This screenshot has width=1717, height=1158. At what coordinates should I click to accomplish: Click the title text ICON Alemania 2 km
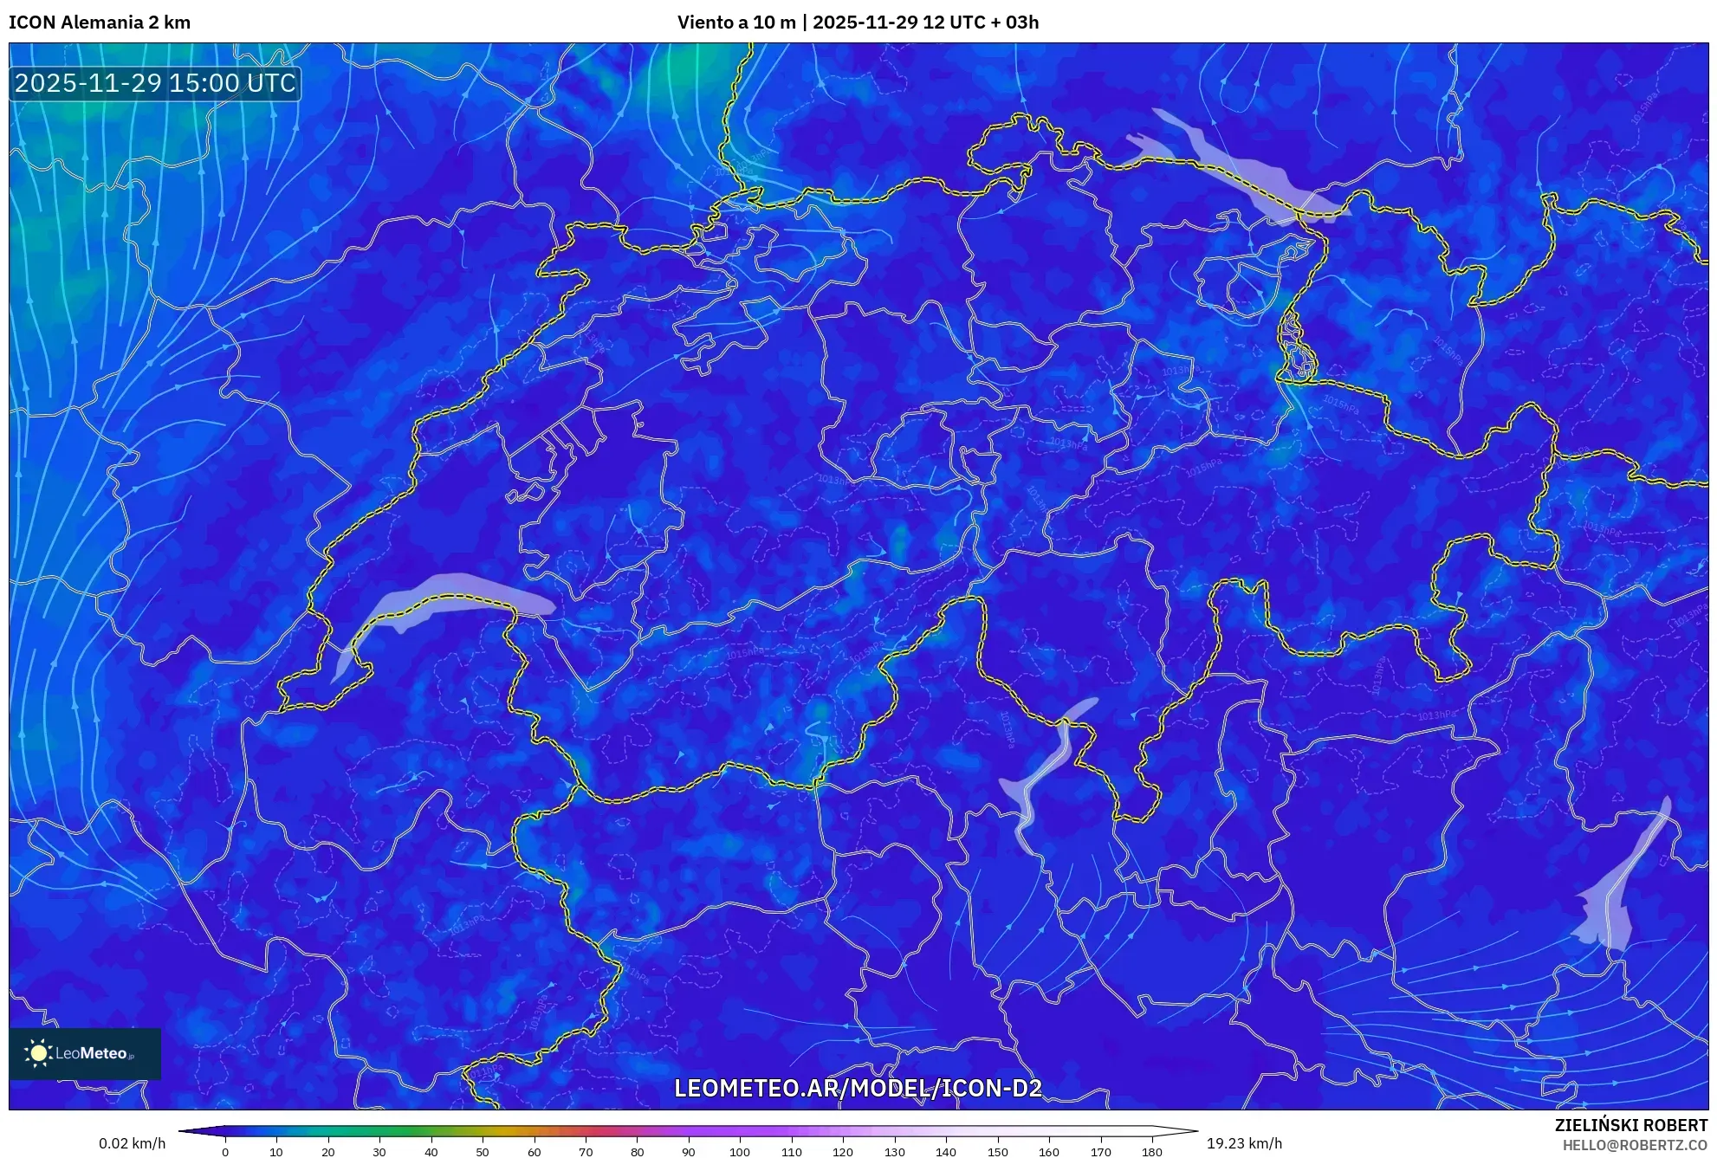point(100,23)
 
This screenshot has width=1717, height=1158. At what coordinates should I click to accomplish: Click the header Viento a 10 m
point(735,23)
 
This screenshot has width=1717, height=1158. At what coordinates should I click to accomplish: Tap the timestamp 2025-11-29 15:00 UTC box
point(155,83)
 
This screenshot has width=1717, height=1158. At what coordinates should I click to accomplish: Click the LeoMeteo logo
point(85,1053)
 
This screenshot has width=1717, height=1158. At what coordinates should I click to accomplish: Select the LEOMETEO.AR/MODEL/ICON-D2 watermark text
point(858,1088)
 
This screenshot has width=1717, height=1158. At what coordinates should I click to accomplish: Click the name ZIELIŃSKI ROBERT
point(1630,1125)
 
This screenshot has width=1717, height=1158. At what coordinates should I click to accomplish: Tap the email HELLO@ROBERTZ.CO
point(1634,1145)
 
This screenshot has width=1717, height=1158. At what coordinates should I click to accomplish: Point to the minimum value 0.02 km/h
point(132,1143)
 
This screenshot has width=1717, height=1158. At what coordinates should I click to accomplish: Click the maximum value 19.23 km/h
point(1244,1143)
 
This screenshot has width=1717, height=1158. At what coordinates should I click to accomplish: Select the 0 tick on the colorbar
point(225,1152)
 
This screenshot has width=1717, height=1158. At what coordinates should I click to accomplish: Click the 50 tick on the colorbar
point(483,1152)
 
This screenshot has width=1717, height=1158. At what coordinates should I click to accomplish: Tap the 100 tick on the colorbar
point(739,1152)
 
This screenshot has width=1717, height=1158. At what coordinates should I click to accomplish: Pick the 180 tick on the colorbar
point(1151,1152)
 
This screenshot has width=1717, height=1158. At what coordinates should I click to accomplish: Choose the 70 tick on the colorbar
point(586,1152)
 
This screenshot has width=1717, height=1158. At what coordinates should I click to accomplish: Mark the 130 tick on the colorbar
point(894,1152)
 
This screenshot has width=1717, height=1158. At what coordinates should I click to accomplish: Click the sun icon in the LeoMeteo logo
point(38,1053)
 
